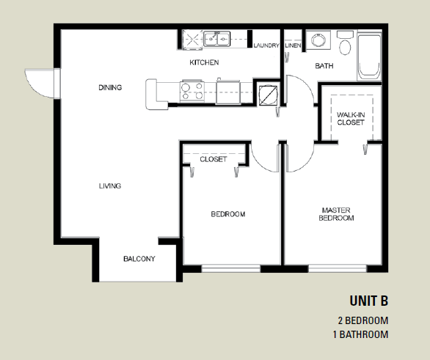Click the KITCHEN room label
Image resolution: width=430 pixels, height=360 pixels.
coord(204,62)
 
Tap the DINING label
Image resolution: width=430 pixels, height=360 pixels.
coord(110,87)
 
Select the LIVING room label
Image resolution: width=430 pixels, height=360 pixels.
coord(110,185)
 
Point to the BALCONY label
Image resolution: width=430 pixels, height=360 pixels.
coord(139,259)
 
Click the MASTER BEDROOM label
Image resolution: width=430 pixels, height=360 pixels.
coord(336,214)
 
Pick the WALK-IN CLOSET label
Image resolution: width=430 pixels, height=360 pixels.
coord(351,118)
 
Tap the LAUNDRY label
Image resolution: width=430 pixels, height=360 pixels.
coord(266,45)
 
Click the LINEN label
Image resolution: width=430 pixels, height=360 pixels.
coord(294,45)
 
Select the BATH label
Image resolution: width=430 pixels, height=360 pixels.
coord(324,66)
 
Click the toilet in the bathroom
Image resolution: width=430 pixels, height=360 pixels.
coord(345,43)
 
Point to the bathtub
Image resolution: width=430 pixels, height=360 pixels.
coord(369,56)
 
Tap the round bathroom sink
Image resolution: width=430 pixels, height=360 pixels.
coord(318,40)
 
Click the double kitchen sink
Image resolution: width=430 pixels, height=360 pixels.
coord(216,39)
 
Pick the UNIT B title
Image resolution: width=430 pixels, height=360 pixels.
coord(369,301)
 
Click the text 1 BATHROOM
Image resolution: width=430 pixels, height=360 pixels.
coord(360,334)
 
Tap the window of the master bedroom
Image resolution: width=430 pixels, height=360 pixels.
coord(338,268)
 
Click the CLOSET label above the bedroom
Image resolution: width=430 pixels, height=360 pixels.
coord(214,159)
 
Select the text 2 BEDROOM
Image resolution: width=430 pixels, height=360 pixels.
coord(363,320)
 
